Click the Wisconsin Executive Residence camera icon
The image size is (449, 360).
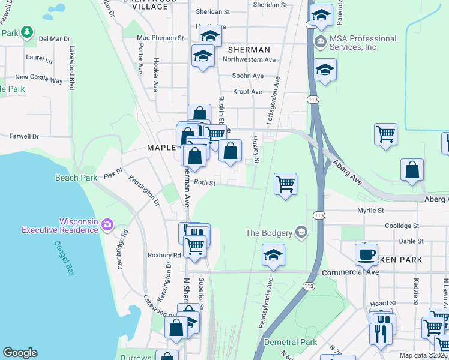(107, 224)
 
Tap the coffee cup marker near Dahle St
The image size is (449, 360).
(366, 254)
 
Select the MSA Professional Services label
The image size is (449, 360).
(356, 43)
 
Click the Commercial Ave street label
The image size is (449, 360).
(351, 272)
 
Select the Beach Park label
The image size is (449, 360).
(76, 178)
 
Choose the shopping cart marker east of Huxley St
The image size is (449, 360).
(285, 183)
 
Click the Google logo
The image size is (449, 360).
(20, 353)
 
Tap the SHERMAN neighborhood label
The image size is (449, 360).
(249, 50)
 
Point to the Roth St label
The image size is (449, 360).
(205, 183)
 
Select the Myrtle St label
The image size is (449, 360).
(370, 211)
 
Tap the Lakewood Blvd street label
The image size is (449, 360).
(71, 68)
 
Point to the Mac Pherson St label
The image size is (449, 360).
(160, 37)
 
